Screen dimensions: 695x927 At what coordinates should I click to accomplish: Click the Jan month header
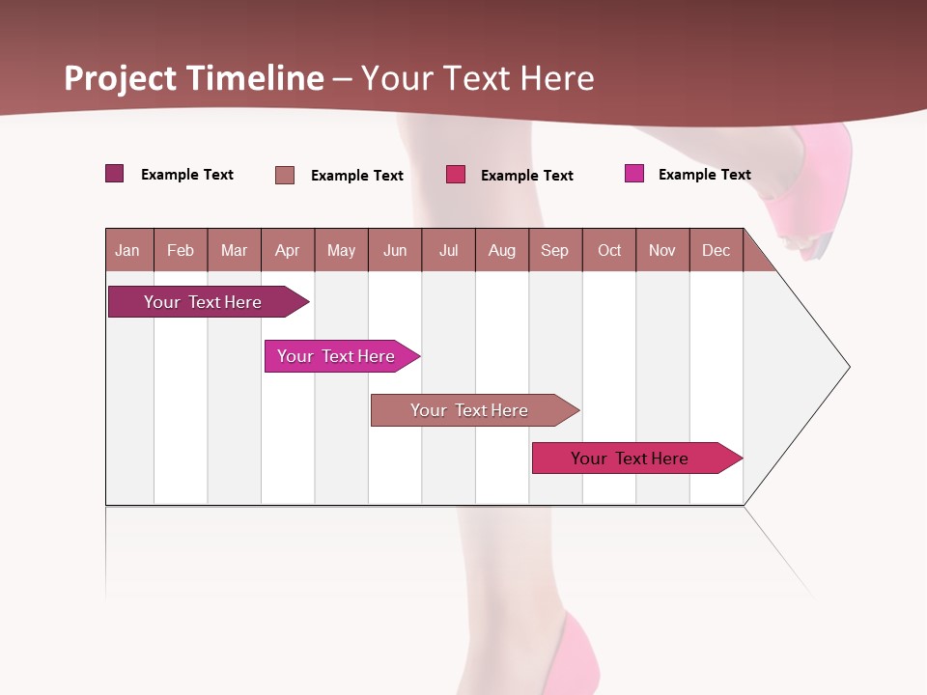point(127,250)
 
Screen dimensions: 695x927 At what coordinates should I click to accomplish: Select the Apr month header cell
point(287,250)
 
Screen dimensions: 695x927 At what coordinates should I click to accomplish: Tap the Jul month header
point(448,250)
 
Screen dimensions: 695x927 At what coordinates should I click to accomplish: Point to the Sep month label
point(554,250)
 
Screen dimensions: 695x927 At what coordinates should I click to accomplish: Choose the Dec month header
point(716,250)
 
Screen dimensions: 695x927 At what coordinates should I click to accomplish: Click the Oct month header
point(609,250)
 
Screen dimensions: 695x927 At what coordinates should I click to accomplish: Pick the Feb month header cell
point(181,250)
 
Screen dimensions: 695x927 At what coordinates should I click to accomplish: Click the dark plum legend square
point(114,174)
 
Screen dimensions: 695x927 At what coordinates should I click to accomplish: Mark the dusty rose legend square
point(285,175)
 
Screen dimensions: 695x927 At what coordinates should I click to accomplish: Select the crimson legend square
point(456,175)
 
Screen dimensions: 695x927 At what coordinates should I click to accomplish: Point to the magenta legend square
point(633,174)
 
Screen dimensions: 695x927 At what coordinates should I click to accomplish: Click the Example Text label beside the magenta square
point(704,175)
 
